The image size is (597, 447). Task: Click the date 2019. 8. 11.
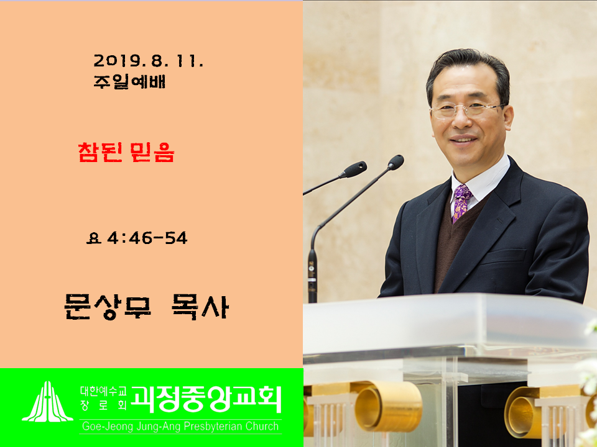(x=149, y=60)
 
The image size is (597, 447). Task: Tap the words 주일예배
(x=129, y=82)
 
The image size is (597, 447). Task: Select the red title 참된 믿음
(x=126, y=153)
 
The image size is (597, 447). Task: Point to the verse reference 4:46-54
(x=147, y=238)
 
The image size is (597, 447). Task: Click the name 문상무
(x=108, y=307)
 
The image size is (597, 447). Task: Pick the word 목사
(x=200, y=307)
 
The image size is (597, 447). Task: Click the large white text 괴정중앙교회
(x=206, y=399)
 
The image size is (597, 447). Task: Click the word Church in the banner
(x=262, y=427)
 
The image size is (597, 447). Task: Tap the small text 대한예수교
(x=103, y=391)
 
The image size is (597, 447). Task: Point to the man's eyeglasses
(x=468, y=111)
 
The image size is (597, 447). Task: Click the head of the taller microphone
(x=396, y=162)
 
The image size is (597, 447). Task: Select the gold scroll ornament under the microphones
(x=387, y=406)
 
